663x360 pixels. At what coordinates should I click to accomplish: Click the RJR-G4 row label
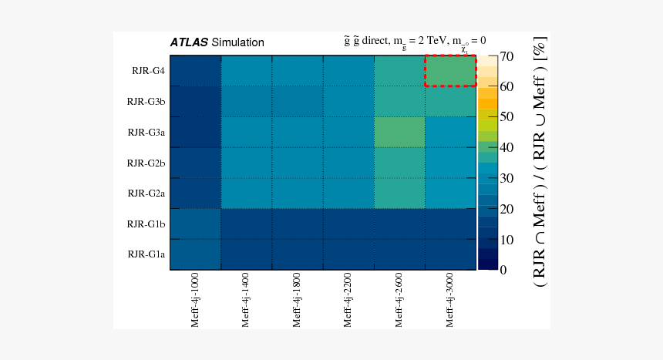[148, 71]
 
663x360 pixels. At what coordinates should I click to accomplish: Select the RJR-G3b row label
[146, 101]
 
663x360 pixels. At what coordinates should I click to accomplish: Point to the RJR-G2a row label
[146, 193]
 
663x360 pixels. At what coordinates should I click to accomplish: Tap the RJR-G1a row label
[146, 254]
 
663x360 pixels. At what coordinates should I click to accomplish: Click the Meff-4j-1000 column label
[195, 301]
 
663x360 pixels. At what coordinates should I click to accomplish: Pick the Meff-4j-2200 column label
[348, 301]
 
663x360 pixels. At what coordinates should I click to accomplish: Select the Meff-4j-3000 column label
[449, 301]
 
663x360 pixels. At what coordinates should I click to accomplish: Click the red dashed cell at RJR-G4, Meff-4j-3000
[450, 71]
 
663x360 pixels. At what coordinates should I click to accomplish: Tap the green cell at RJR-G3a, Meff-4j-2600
[399, 132]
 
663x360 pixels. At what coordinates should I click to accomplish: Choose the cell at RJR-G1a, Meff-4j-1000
[196, 254]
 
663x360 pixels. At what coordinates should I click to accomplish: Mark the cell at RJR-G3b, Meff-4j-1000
[196, 101]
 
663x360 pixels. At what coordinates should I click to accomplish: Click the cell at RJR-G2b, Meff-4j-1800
[298, 163]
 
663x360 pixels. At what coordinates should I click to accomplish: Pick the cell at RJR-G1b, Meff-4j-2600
[399, 224]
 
